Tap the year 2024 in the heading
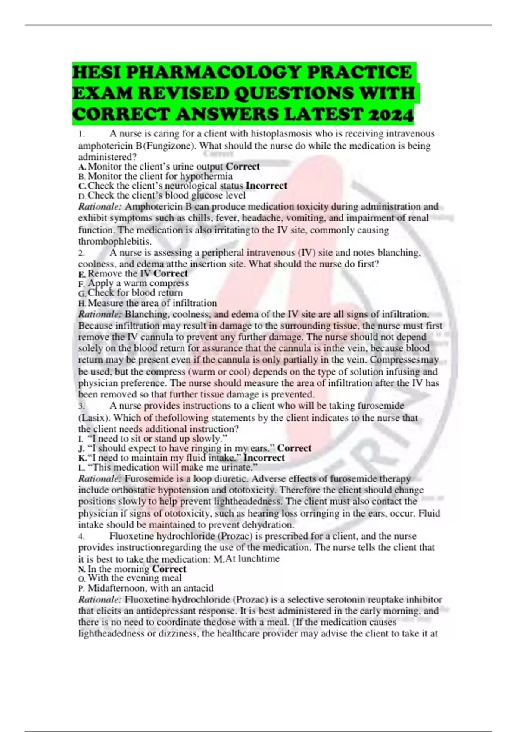pyautogui.click(x=390, y=115)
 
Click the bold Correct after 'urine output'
pyautogui.click(x=243, y=167)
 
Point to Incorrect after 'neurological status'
pyautogui.click(x=266, y=186)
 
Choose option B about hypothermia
pyautogui.click(x=160, y=176)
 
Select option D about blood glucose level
pyautogui.click(x=166, y=195)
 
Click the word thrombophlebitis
pyautogui.click(x=115, y=241)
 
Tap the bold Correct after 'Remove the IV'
pyautogui.click(x=171, y=273)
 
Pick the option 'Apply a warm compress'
pyautogui.click(x=138, y=283)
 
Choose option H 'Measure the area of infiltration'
pyautogui.click(x=152, y=303)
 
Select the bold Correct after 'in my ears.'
pyautogui.click(x=294, y=448)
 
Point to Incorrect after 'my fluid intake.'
pyautogui.click(x=264, y=458)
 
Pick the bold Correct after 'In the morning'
pyautogui.click(x=169, y=569)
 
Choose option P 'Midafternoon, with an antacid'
pyautogui.click(x=150, y=588)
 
